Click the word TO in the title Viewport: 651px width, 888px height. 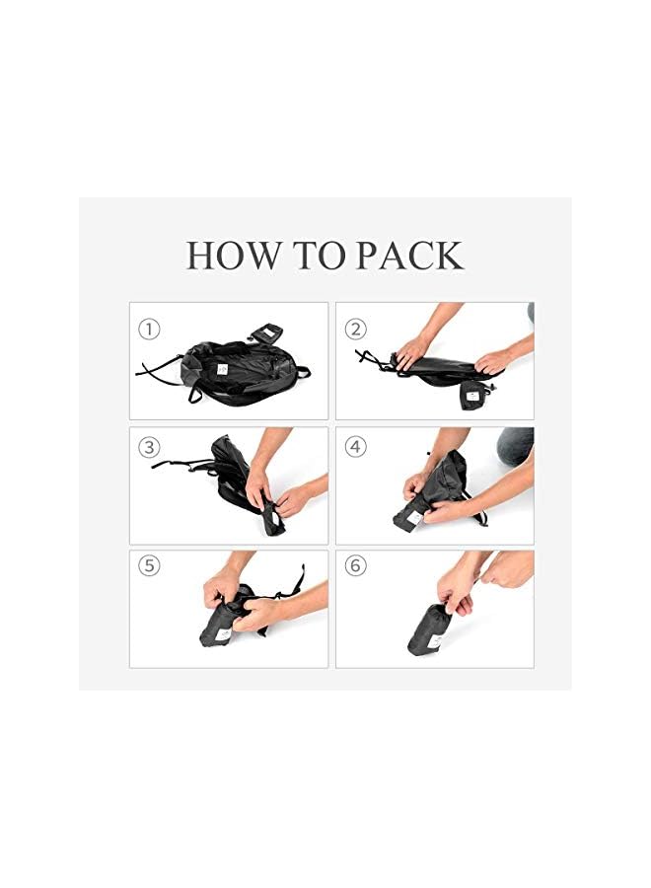[321, 256]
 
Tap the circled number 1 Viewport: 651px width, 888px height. [150, 328]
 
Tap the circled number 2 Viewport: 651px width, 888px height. [356, 328]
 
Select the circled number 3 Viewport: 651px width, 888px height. [150, 447]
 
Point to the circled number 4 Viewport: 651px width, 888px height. [356, 447]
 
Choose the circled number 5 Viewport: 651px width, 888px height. [150, 566]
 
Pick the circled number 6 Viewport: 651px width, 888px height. [356, 566]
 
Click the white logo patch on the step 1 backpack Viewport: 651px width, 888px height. [224, 368]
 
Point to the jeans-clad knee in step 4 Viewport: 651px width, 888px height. [515, 446]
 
